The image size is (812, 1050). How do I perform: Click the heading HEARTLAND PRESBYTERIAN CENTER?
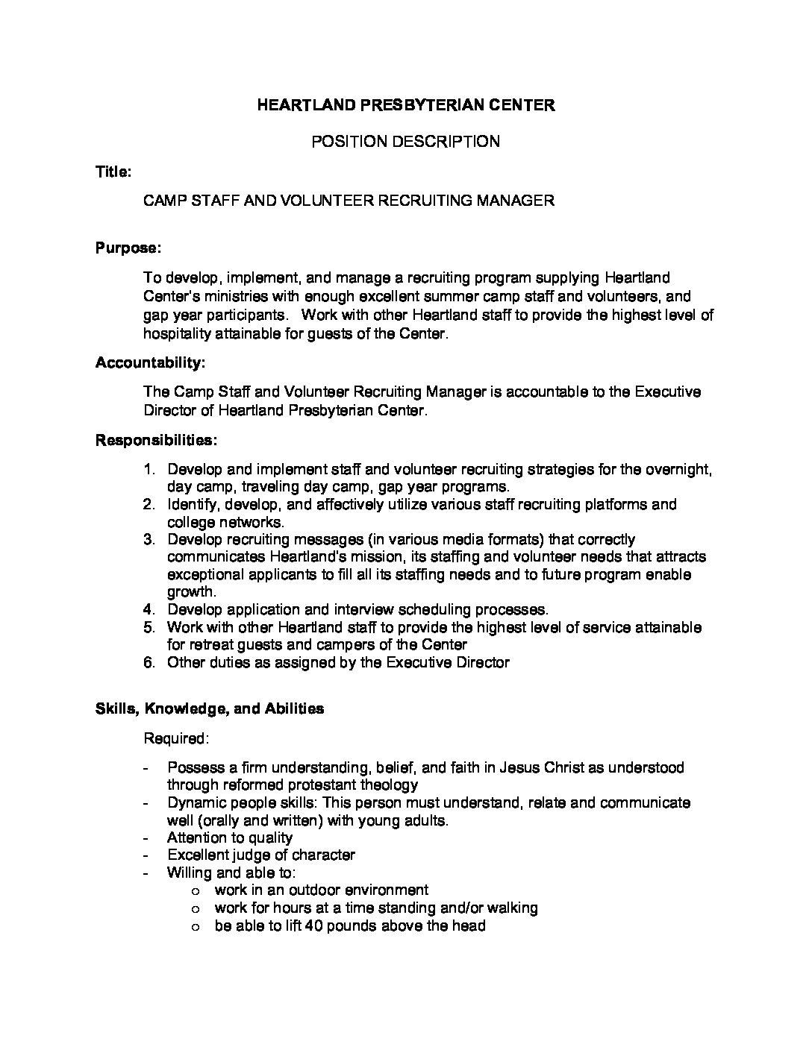pyautogui.click(x=405, y=105)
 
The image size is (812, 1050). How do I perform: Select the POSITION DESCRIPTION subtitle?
pyautogui.click(x=405, y=141)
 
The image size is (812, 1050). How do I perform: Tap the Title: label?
pyautogui.click(x=113, y=172)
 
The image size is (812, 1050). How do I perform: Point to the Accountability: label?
pyautogui.click(x=150, y=363)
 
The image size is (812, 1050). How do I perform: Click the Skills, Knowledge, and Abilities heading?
pyautogui.click(x=210, y=708)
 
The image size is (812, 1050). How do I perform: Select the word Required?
pyautogui.click(x=176, y=739)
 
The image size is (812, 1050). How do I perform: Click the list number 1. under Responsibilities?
pyautogui.click(x=149, y=470)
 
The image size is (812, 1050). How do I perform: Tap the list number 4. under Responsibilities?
pyautogui.click(x=149, y=609)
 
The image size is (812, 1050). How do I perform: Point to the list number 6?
pyautogui.click(x=149, y=662)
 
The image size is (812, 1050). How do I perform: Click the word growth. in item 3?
pyautogui.click(x=191, y=592)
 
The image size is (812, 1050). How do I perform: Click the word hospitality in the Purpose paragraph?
pyautogui.click(x=177, y=333)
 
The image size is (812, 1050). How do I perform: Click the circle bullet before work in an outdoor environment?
pyautogui.click(x=196, y=891)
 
